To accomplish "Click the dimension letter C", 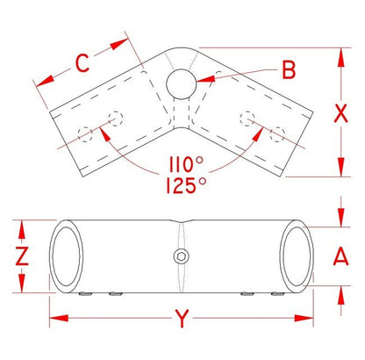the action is tap(82, 63).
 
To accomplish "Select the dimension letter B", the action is tap(289, 70).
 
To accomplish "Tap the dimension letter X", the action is tap(340, 113).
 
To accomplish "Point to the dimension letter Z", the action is tap(22, 256).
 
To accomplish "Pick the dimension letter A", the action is tap(341, 256).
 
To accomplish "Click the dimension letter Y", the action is tap(182, 319).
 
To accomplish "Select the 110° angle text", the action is tap(186, 164).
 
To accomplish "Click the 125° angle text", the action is tap(186, 185).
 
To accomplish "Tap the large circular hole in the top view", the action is tap(181, 84).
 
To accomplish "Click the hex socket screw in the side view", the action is tap(182, 256).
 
